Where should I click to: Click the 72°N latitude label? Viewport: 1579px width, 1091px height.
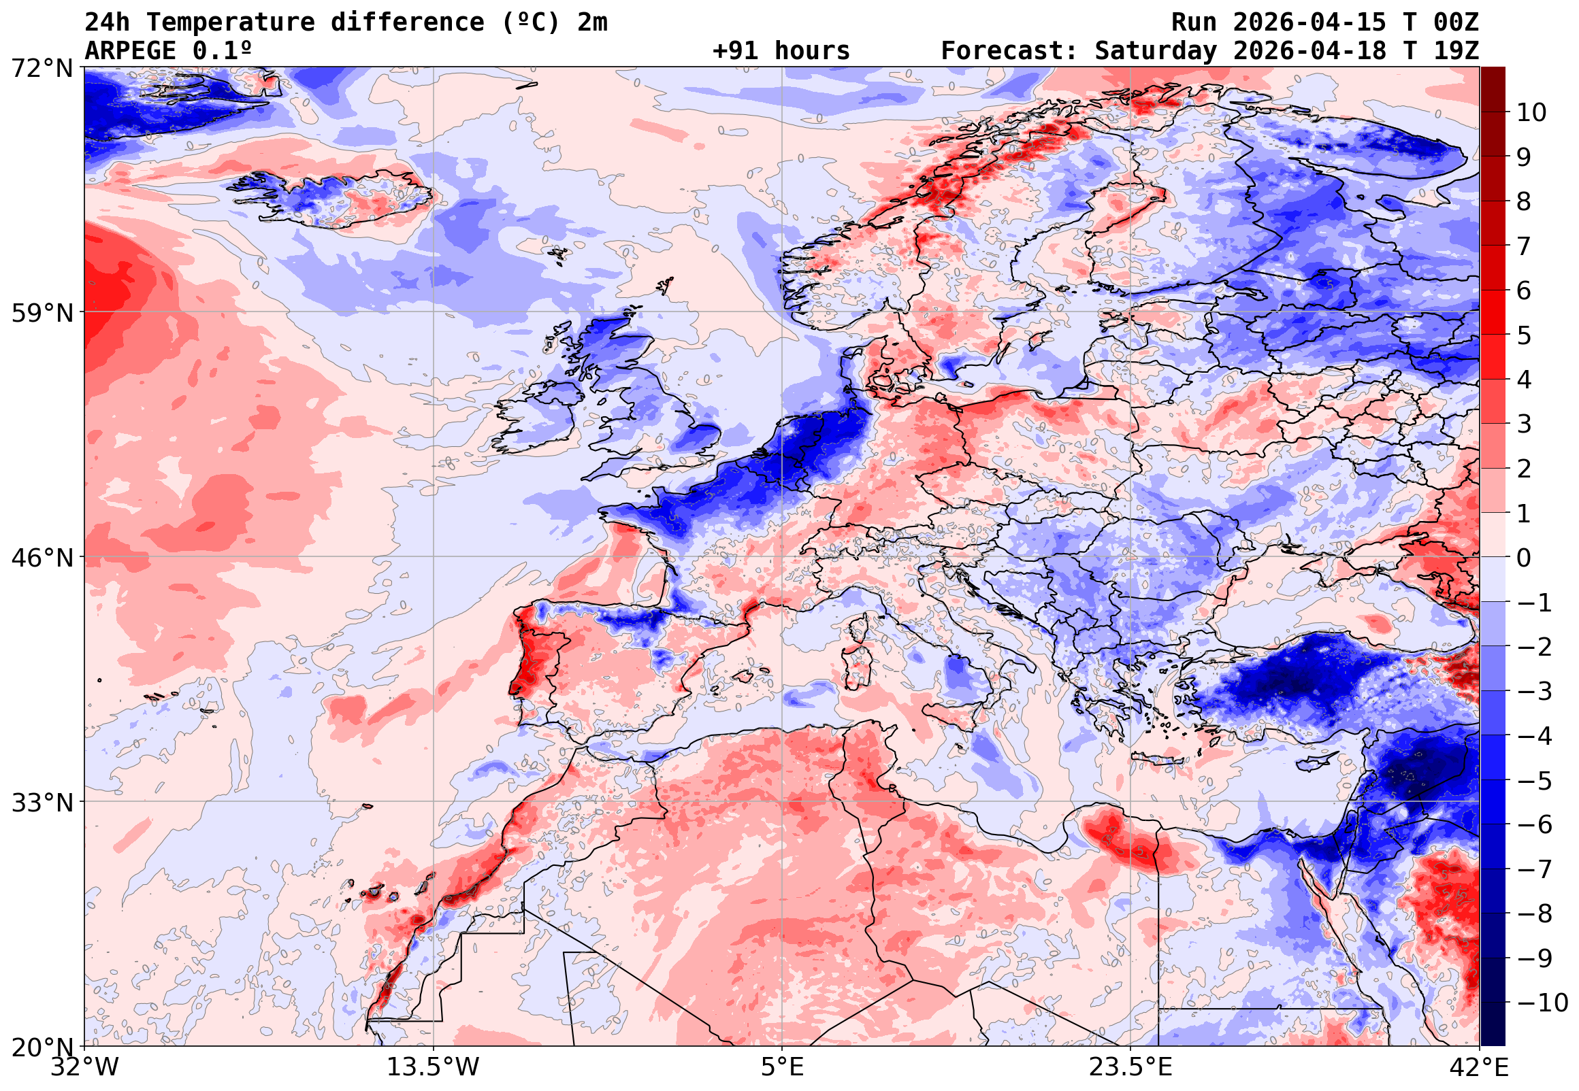tap(42, 69)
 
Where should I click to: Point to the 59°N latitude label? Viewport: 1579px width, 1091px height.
tap(42, 313)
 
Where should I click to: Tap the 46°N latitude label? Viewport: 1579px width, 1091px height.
tap(42, 558)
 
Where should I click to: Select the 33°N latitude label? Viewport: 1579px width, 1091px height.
tap(42, 803)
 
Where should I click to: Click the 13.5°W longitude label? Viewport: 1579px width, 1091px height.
tap(433, 1067)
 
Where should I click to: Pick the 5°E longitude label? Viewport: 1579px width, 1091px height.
tap(781, 1067)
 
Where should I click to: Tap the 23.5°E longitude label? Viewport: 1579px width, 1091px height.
tap(1130, 1067)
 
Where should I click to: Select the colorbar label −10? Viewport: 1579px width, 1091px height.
tap(1542, 1003)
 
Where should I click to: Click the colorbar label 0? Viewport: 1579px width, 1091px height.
tap(1524, 558)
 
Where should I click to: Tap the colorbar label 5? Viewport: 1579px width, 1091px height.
tap(1524, 335)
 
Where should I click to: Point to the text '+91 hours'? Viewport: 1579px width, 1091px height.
tap(781, 50)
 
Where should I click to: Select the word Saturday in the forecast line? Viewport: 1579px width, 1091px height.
tap(1155, 50)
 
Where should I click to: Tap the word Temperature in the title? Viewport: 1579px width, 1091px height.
tap(230, 22)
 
